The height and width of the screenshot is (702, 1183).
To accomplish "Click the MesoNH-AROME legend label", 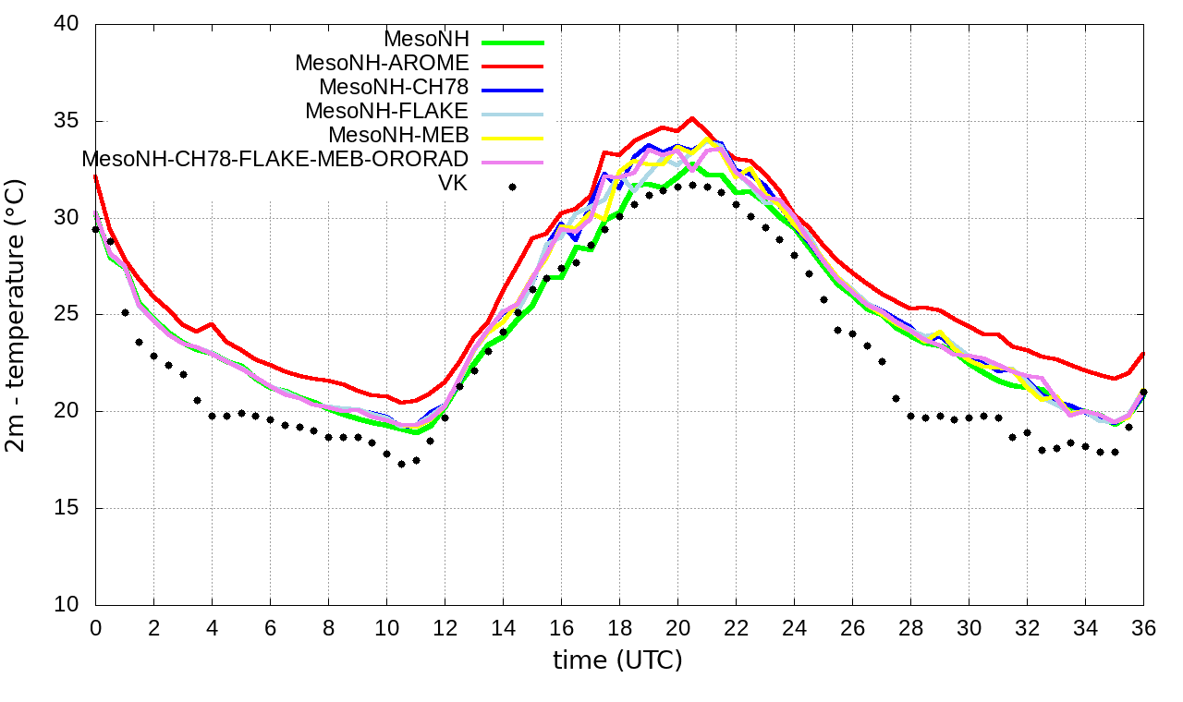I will [x=382, y=64].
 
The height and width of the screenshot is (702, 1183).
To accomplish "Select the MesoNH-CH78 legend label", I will [x=394, y=88].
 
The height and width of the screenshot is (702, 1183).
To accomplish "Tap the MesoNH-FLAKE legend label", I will [x=387, y=111].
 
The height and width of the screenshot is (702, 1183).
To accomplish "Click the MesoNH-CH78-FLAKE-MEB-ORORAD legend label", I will [x=275, y=159].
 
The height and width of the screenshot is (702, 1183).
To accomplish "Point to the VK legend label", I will [x=453, y=184].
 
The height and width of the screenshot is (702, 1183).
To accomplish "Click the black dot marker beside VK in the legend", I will [x=512, y=187].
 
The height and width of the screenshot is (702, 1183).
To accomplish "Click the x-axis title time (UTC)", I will [x=617, y=660].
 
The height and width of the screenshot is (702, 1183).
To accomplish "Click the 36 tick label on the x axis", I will [x=1143, y=628].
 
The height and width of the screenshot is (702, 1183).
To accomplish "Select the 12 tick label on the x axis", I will [x=445, y=628].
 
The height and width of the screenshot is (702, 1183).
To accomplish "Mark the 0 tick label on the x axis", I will [x=95, y=628].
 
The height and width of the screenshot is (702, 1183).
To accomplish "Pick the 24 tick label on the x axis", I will [x=794, y=628].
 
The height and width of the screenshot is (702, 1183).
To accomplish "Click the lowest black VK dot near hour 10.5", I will [x=401, y=464].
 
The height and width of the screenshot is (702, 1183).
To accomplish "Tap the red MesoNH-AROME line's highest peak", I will [x=692, y=118].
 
